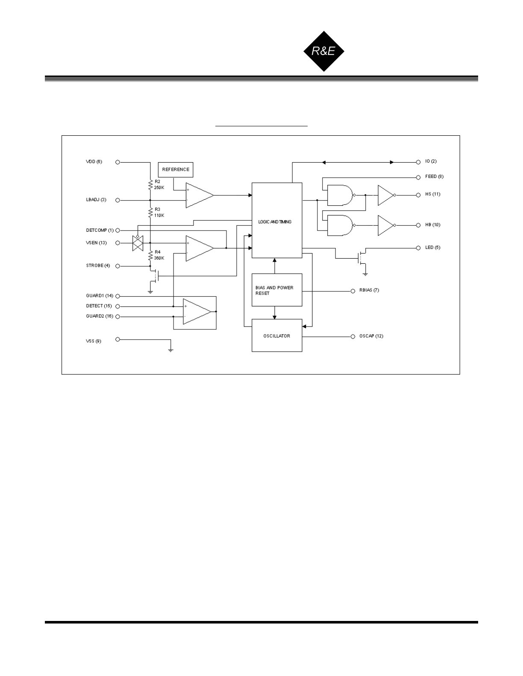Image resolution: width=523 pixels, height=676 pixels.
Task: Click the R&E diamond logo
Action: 323,51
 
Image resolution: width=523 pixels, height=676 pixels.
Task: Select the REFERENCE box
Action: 176,169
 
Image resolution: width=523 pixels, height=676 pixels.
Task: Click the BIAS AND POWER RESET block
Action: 276,290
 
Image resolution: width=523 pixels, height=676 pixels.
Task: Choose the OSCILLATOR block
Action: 276,336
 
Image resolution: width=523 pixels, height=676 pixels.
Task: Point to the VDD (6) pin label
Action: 94,162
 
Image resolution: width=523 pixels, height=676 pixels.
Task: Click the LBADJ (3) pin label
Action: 96,200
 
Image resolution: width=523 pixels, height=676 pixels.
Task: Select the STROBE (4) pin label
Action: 98,265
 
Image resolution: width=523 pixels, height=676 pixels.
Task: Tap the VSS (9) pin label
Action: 94,341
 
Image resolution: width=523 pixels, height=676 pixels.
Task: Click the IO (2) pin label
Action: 431,161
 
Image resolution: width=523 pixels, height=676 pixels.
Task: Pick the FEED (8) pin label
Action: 434,176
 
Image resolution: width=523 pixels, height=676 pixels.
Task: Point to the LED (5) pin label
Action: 432,248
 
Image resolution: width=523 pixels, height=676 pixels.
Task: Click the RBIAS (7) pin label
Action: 369,290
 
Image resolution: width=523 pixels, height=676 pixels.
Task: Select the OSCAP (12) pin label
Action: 371,336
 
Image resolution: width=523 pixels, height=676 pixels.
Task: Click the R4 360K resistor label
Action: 159,255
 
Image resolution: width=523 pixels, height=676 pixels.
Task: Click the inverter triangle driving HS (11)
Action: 385,195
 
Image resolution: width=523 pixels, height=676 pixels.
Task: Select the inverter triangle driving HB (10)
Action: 385,225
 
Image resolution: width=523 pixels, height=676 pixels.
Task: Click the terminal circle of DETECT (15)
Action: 118,306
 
